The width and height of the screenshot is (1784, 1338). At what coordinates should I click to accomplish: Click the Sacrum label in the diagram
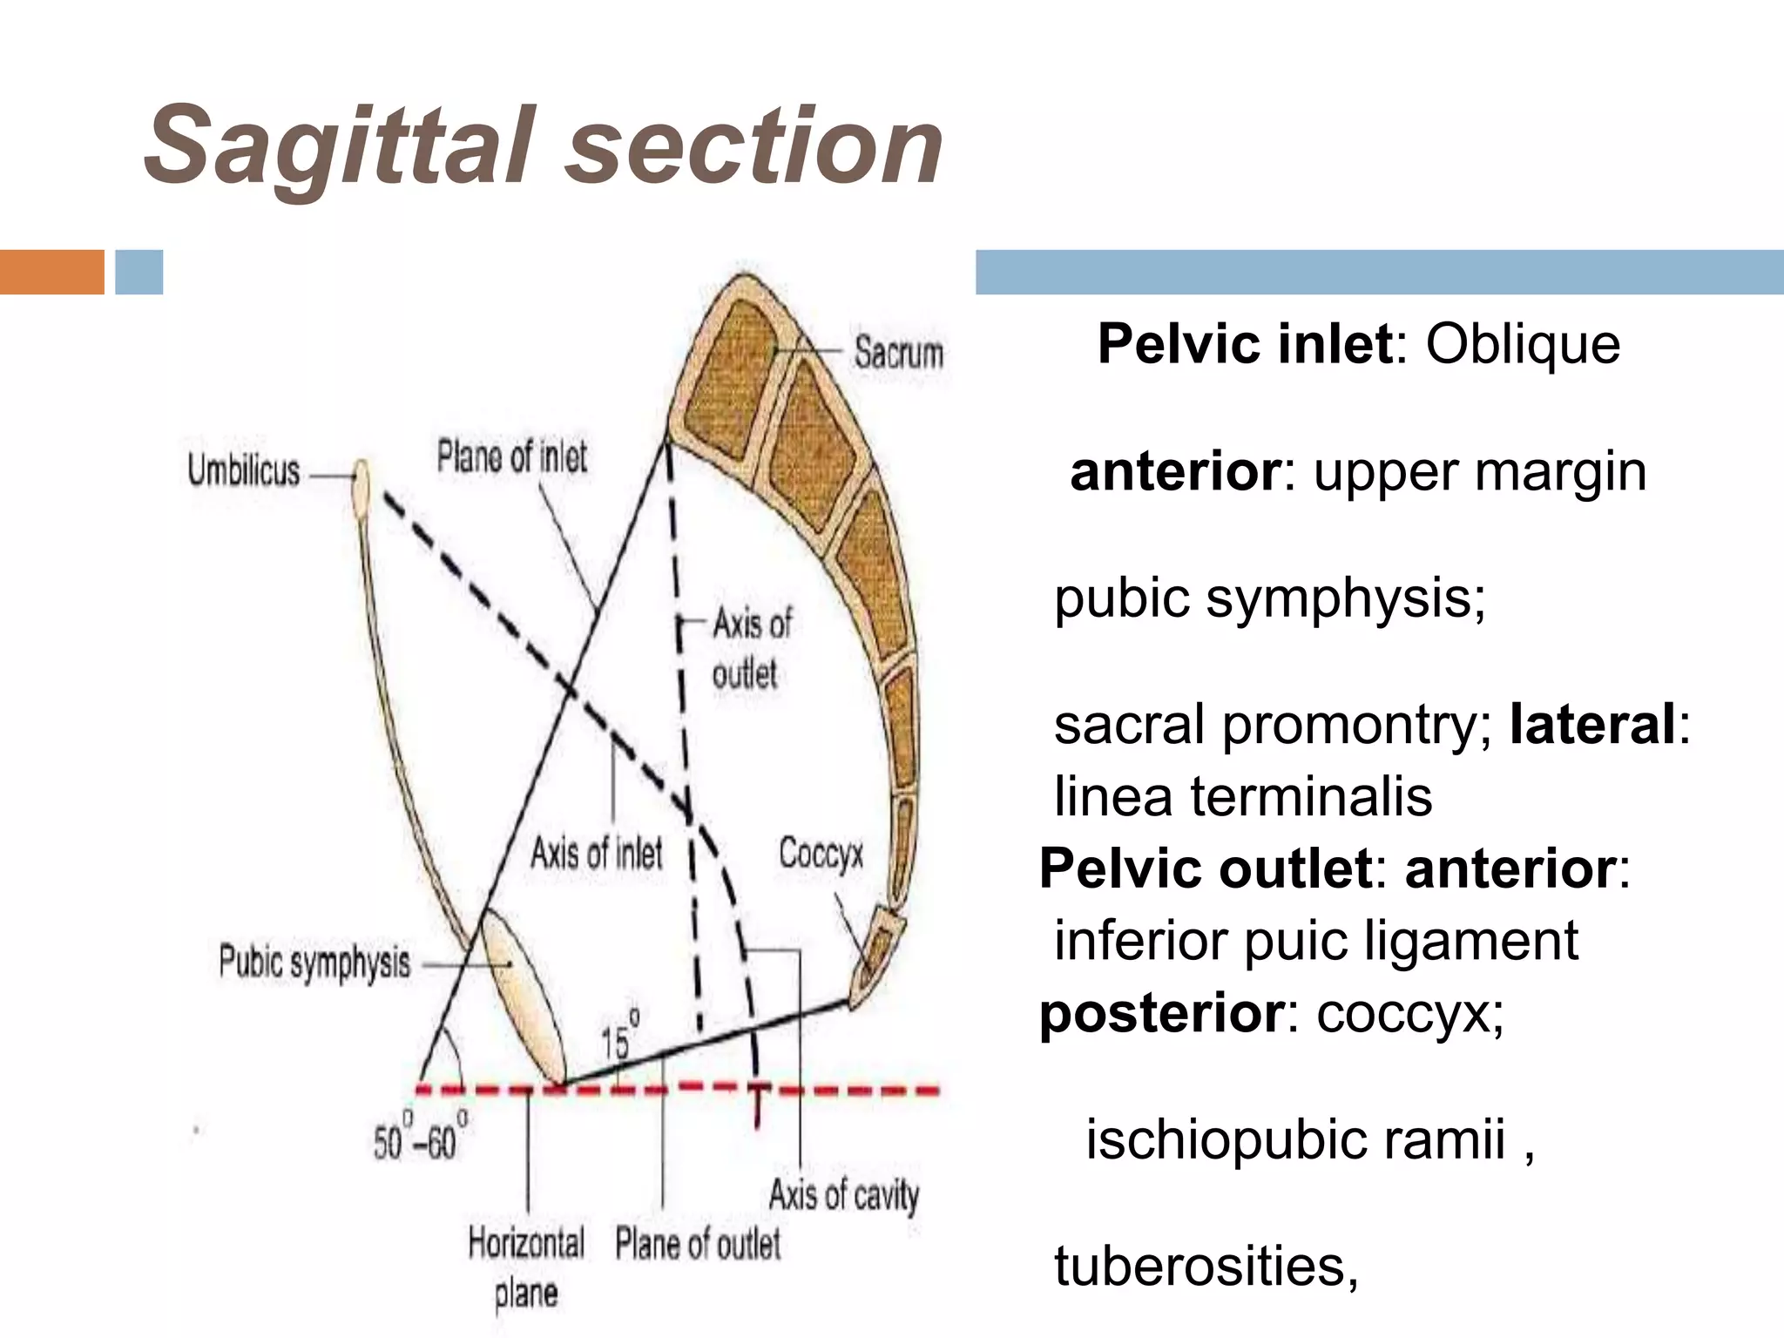coord(898,353)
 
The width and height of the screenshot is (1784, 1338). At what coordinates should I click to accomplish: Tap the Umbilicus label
coord(244,471)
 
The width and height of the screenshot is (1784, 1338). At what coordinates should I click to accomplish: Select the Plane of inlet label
coord(512,456)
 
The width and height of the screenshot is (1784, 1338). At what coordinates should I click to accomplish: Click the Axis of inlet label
coord(597,853)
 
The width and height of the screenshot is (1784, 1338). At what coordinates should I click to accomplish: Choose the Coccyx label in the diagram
coord(821,854)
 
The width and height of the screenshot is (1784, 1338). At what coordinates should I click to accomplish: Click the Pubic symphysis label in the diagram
coord(314,963)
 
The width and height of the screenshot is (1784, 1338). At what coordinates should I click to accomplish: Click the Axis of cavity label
coord(843,1194)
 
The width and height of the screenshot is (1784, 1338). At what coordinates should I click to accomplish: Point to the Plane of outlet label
coord(698,1244)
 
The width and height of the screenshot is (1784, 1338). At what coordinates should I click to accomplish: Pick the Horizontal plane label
coord(526,1267)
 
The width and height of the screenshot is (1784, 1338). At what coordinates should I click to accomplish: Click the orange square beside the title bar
coord(51,272)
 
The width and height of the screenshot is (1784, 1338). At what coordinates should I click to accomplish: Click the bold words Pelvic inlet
coord(1245,344)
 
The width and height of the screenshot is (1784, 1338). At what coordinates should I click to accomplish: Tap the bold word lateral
coord(1592,724)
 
